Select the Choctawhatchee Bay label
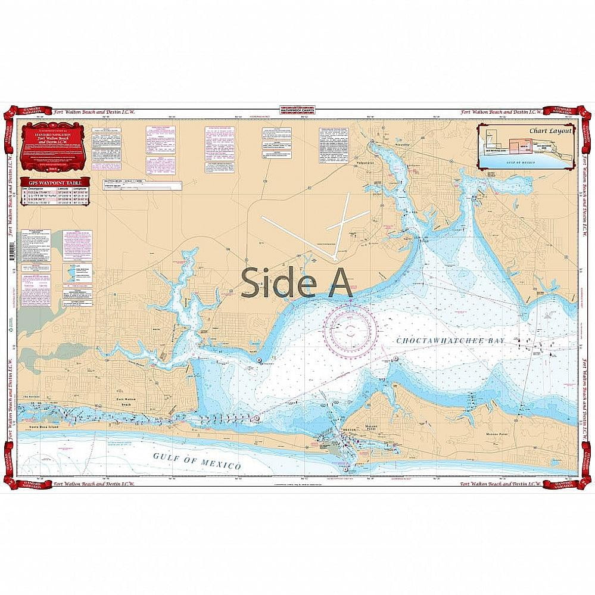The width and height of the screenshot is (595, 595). coord(450,339)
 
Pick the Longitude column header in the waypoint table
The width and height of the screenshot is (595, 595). coord(82,187)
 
